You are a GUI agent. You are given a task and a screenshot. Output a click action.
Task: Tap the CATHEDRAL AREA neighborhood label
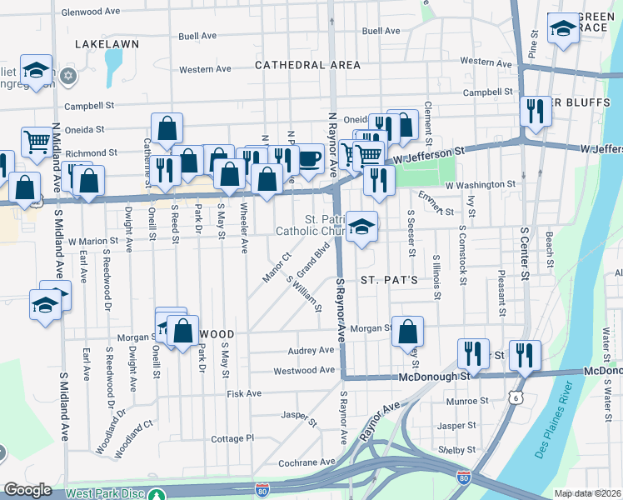[308, 65]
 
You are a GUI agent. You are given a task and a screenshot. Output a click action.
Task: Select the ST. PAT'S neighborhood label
[388, 280]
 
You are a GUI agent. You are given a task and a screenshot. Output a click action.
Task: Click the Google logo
[27, 490]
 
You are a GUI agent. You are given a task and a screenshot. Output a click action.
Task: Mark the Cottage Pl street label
[232, 438]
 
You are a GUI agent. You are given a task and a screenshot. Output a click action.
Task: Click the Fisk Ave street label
[244, 393]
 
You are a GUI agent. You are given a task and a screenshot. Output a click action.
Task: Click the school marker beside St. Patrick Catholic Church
[362, 226]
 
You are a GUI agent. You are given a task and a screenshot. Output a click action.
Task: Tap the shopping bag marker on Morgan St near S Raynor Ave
[408, 331]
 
